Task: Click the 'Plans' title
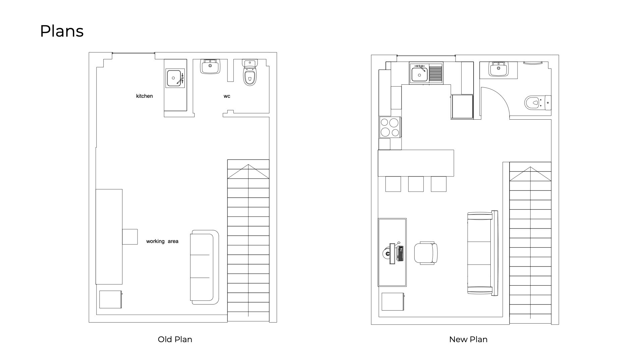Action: (x=62, y=31)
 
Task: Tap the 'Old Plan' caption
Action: (x=175, y=339)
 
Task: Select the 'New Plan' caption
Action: (x=468, y=339)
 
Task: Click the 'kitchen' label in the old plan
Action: (x=144, y=96)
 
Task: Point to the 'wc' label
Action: (x=227, y=96)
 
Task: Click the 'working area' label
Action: (x=162, y=241)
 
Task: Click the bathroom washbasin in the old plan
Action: (x=211, y=66)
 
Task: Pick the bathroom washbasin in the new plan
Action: (x=498, y=69)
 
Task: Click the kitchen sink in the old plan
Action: (x=175, y=78)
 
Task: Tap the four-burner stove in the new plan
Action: (x=390, y=127)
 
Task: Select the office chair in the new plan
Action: (x=426, y=253)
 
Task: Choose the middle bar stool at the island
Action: (x=416, y=184)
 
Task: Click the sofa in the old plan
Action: (x=205, y=267)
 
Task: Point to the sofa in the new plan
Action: (x=482, y=253)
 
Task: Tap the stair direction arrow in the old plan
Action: (x=248, y=171)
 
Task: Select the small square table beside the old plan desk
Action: (x=130, y=237)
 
